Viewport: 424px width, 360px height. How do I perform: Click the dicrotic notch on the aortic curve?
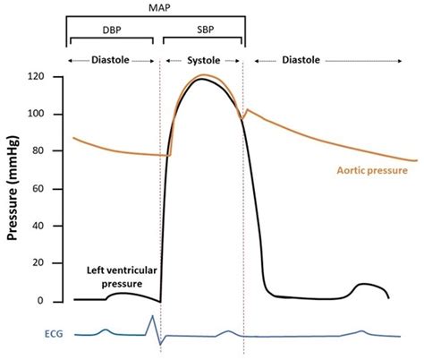[x=242, y=118]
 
